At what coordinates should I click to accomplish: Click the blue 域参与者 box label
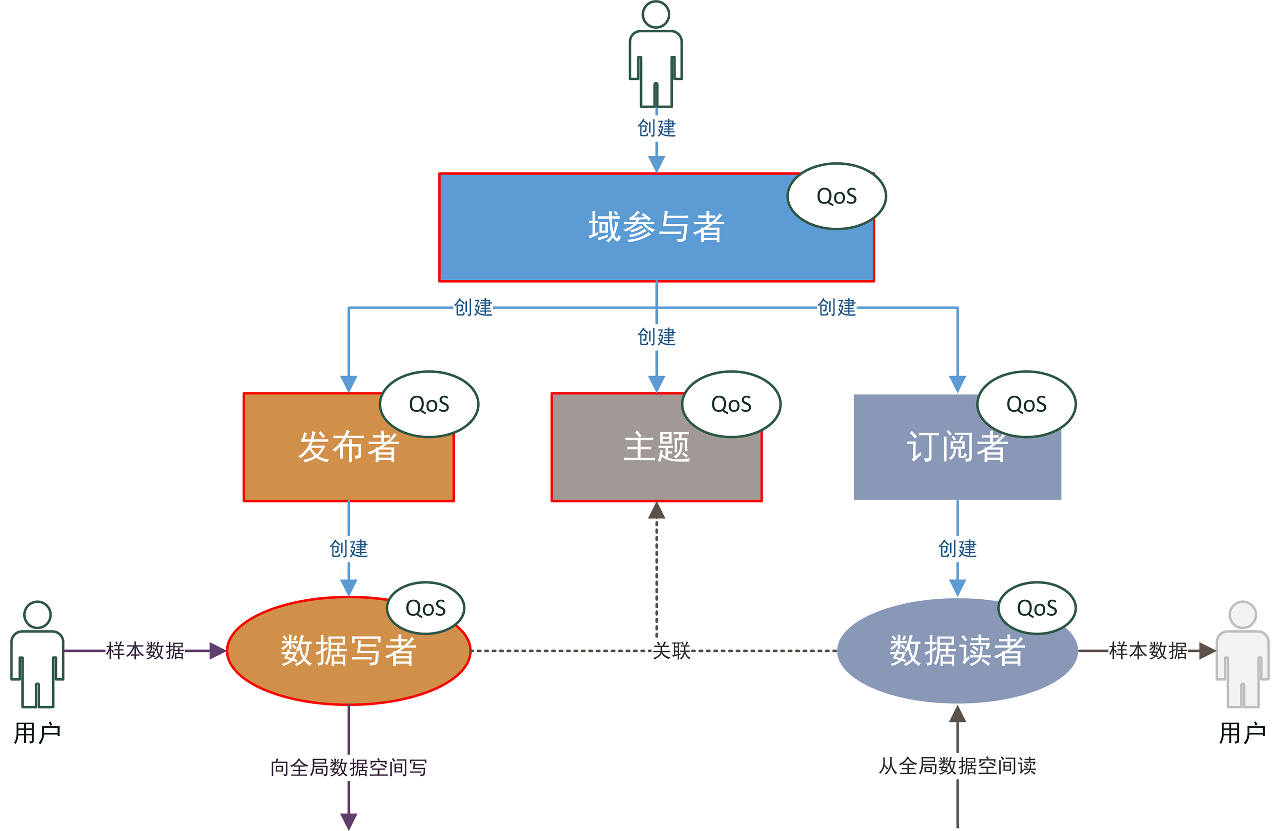click(x=656, y=227)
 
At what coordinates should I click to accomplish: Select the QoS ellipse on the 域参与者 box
click(x=836, y=196)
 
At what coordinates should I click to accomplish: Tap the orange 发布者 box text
click(x=348, y=447)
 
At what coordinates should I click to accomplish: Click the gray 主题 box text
click(x=656, y=447)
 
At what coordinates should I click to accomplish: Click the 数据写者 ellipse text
click(x=348, y=651)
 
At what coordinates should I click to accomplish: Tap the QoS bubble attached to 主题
click(x=731, y=404)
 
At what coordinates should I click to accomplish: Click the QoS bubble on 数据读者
click(x=1036, y=608)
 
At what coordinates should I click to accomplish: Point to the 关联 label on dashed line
click(x=671, y=651)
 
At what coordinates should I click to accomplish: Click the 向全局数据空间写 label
click(x=348, y=767)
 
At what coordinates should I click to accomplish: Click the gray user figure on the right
click(x=1242, y=656)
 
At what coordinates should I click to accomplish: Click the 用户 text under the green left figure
click(x=37, y=733)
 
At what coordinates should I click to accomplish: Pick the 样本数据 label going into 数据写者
click(x=145, y=651)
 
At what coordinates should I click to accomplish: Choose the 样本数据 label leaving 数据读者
click(x=1148, y=651)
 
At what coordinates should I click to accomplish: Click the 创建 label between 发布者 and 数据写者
click(x=348, y=549)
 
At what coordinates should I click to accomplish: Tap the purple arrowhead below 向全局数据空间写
click(x=348, y=821)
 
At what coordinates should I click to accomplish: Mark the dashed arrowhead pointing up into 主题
click(x=656, y=511)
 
